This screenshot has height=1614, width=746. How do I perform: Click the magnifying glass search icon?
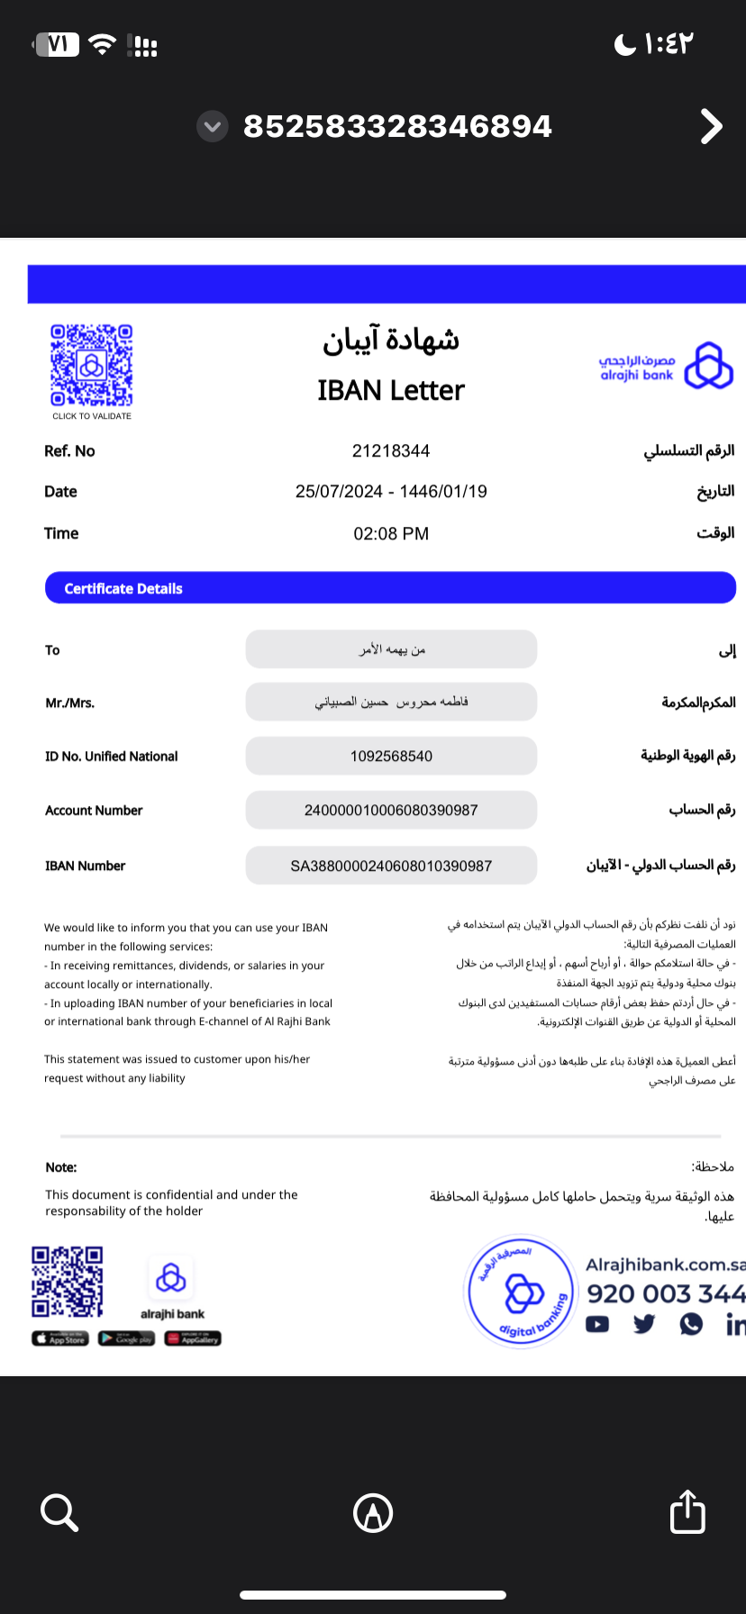point(59,1512)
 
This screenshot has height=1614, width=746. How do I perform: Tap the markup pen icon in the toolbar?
point(373,1512)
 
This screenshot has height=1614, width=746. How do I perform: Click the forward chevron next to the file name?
point(711,127)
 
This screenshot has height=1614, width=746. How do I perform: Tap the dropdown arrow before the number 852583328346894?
point(213,127)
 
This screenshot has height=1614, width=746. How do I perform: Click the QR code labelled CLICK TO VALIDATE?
point(92,366)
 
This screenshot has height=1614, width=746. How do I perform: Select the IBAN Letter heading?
point(391,390)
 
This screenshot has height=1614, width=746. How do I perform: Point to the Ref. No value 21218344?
point(391,451)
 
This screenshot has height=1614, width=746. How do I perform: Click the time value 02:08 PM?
point(391,534)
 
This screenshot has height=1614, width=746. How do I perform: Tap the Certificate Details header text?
point(123,589)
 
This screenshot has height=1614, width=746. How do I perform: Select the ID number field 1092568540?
point(391,757)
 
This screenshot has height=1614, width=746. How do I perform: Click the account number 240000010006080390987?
point(391,811)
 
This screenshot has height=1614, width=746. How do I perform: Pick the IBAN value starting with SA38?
point(391,866)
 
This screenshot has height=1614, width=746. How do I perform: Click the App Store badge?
point(59,1338)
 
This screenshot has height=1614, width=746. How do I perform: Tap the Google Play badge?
point(126,1338)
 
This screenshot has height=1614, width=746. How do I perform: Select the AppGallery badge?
point(193,1338)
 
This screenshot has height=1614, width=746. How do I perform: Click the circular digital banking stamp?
point(520,1291)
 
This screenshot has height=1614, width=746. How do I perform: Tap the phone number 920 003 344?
point(665,1294)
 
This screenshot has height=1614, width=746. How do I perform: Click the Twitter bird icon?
point(643,1324)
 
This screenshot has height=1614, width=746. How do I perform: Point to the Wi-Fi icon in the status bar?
point(104,44)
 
